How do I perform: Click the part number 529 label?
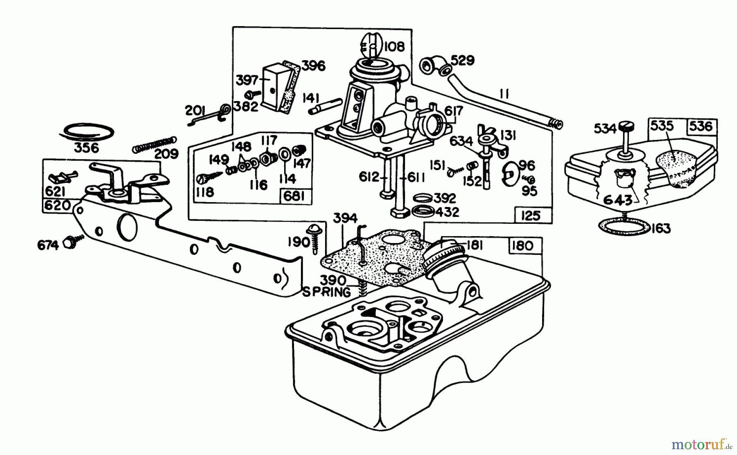tap(462, 61)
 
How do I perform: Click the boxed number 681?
tap(294, 197)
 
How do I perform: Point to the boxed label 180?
tap(523, 246)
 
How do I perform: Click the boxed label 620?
tap(57, 205)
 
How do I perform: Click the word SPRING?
tap(326, 292)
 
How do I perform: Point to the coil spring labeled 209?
tap(154, 144)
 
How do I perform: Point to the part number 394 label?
tap(345, 219)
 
